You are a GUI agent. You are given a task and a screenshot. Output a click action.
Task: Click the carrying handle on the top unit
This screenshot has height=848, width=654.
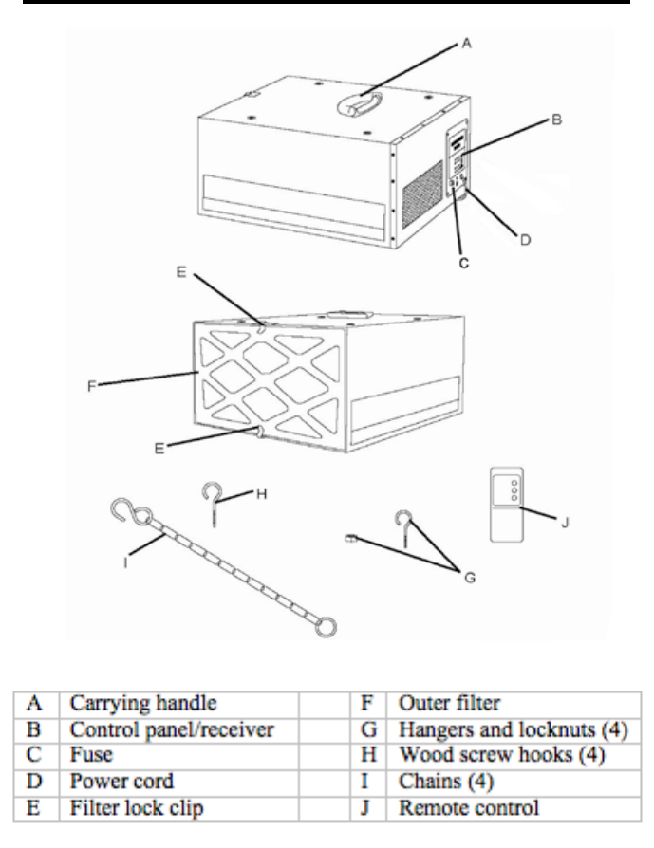[x=360, y=103]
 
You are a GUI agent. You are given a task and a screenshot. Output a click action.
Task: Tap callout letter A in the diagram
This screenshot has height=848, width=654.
[x=467, y=44]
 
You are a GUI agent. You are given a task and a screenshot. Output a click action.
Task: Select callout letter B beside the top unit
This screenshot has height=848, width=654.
[x=556, y=120]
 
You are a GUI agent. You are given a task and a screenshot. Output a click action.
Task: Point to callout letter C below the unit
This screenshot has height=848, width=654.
[x=464, y=264]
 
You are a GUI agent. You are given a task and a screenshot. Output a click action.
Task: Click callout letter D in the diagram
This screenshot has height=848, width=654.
[x=525, y=240]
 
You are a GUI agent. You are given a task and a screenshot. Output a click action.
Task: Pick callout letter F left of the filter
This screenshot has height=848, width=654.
[x=91, y=386]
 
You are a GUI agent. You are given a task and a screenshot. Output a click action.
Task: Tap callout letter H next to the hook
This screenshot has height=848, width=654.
[x=261, y=494]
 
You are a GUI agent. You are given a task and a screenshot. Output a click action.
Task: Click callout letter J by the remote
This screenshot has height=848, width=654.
[x=564, y=523]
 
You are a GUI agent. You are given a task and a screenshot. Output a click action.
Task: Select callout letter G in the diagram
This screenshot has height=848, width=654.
[x=470, y=578]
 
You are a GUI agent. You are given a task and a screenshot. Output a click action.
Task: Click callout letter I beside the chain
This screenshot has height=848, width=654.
[x=125, y=562]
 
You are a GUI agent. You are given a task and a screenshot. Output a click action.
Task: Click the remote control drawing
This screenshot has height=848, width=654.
[x=507, y=505]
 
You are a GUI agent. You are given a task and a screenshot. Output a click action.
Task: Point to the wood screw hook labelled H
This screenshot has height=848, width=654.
[x=213, y=504]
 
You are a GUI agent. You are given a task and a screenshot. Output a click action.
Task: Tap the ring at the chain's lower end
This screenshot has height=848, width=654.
[x=326, y=627]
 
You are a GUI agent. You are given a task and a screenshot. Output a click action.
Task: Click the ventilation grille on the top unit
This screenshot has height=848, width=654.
[x=422, y=194]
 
